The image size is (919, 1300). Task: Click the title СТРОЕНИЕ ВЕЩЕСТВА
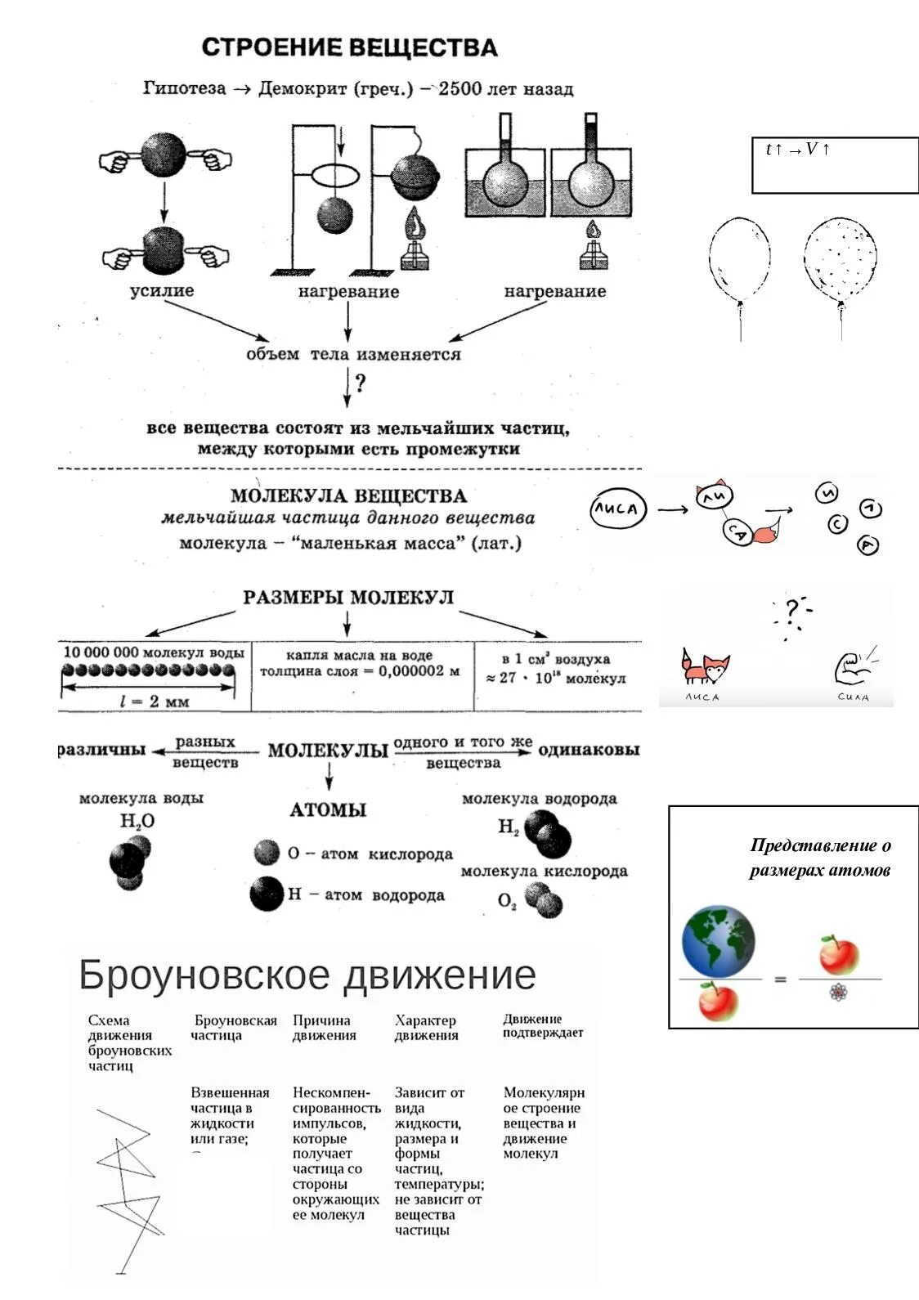point(349,47)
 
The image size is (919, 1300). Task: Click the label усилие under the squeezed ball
point(162,290)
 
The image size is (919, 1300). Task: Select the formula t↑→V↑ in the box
point(798,149)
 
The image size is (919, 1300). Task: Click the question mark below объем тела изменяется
point(360,383)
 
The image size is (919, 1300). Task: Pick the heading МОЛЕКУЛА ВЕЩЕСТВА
point(348,495)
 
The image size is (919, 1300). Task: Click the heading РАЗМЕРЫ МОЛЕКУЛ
point(347,598)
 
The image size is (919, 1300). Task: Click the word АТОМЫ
point(328,810)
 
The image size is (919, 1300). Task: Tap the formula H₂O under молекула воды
point(137,821)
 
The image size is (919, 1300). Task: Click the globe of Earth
point(718,941)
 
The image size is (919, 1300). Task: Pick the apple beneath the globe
point(717,1002)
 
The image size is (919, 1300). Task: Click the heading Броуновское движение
point(307,975)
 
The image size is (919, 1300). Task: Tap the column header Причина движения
point(324,1028)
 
